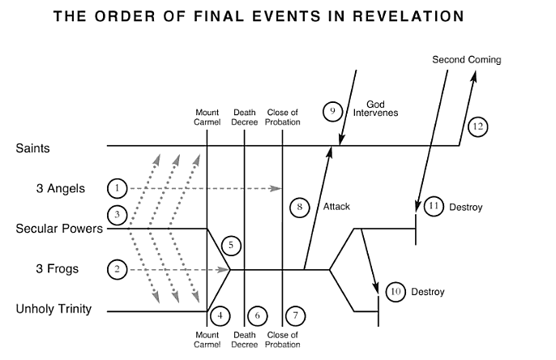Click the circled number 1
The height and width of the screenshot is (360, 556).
[x=118, y=188]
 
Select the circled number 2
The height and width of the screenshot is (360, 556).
[x=118, y=269]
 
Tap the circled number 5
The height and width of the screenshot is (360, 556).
[x=231, y=244]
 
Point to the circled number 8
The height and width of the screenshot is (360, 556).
[x=299, y=208]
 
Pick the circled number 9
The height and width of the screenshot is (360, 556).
[x=331, y=111]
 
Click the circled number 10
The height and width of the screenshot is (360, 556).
[x=396, y=291]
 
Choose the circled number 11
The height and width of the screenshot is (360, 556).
[x=434, y=207]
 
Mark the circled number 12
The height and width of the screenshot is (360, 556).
[x=477, y=126]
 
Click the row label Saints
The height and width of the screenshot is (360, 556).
[x=32, y=148]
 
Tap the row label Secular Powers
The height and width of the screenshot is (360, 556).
[x=59, y=229]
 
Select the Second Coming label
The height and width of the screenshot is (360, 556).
[x=467, y=60]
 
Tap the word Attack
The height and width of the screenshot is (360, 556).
[x=336, y=207]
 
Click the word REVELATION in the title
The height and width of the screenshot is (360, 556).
[x=403, y=16]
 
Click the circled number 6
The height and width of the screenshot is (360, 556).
[x=256, y=315]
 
